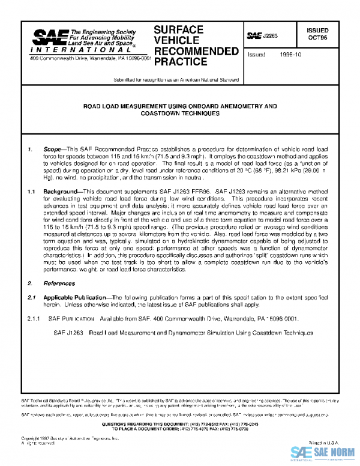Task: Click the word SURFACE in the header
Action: pyautogui.click(x=178, y=29)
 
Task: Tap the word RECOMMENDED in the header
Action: pyautogui.click(x=196, y=51)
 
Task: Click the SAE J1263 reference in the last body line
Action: pyautogui.click(x=67, y=331)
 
